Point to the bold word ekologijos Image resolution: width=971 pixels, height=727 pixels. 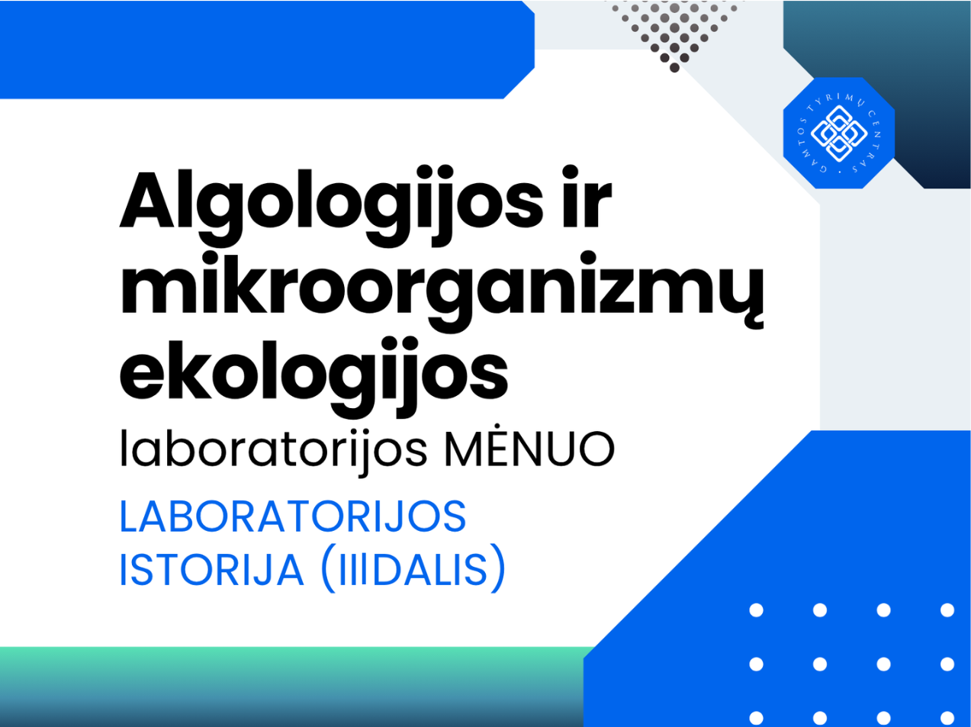[x=314, y=377]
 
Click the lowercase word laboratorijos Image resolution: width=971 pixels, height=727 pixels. [x=275, y=451]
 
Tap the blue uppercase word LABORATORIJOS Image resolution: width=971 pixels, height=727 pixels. [x=293, y=516]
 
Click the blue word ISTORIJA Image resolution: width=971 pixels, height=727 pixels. [x=211, y=570]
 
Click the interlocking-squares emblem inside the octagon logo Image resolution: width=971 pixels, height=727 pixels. [x=839, y=133]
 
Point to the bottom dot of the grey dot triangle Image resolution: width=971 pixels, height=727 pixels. [x=674, y=68]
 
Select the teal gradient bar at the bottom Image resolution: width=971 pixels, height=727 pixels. [x=292, y=687]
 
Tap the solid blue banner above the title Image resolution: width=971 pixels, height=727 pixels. [x=267, y=50]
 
